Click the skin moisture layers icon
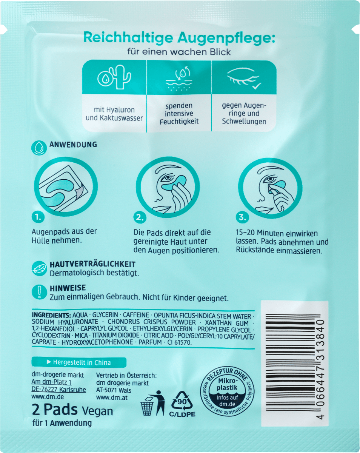[x=178, y=78]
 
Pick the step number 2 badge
[x=140, y=217]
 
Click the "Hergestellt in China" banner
[x=78, y=362]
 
